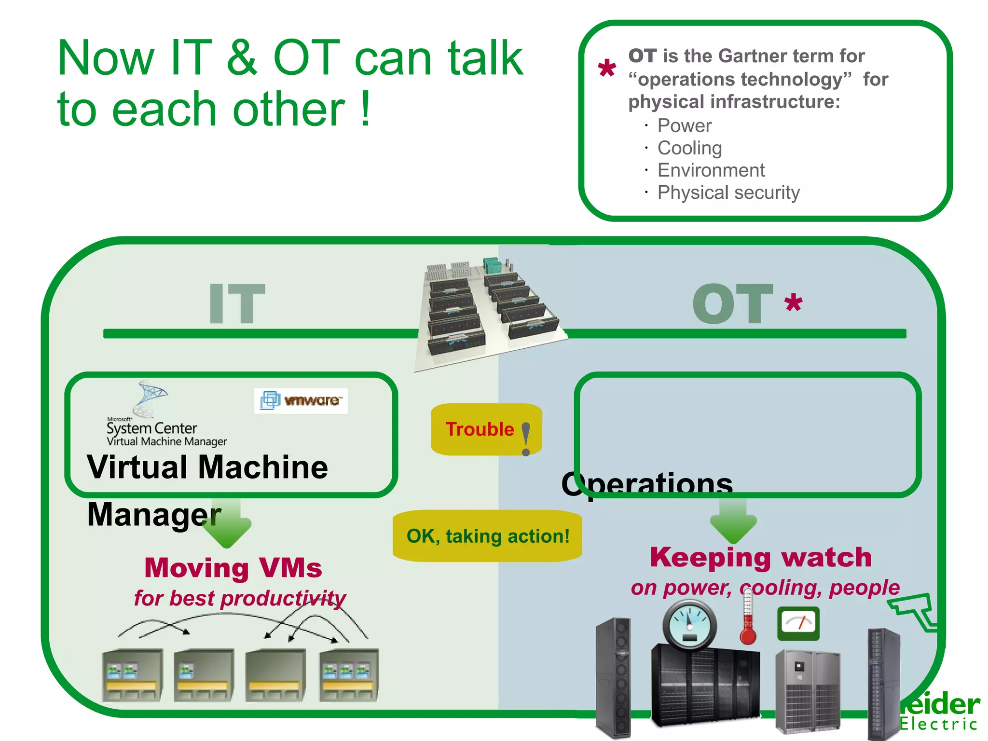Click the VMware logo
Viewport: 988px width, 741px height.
coord(301,401)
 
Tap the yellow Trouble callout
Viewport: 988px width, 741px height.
coord(486,429)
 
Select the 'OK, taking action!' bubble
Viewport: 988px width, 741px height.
coord(487,536)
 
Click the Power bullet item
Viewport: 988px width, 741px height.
coord(684,126)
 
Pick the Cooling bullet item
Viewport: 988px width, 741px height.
coord(689,148)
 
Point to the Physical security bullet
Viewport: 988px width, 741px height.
coord(728,192)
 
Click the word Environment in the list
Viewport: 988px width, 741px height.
coord(711,170)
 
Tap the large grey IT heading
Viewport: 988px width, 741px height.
coord(236,304)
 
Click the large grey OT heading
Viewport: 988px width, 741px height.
coord(732,304)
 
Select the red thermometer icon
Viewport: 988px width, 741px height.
coord(748,617)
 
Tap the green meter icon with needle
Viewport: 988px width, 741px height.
coord(798,623)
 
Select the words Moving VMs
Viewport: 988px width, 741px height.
coord(233,568)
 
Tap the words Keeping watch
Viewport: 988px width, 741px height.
coord(761,557)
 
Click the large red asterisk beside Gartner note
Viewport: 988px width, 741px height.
coord(606,69)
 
